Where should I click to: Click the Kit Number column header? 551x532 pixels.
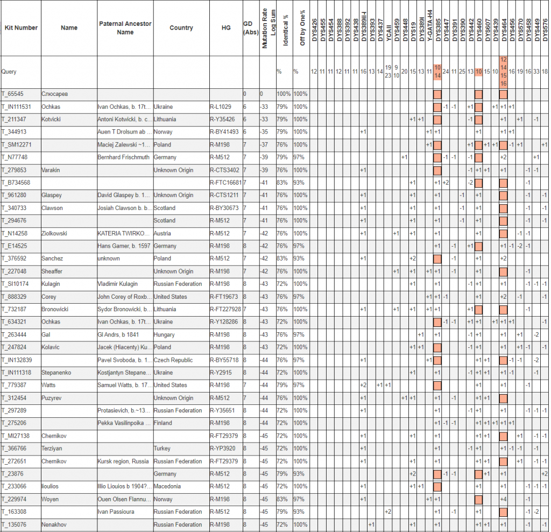click(x=21, y=28)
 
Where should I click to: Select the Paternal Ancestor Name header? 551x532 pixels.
click(x=125, y=28)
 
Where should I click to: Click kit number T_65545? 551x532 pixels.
click(x=13, y=94)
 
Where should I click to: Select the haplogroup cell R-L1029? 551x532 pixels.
click(x=221, y=107)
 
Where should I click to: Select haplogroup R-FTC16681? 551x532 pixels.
click(x=226, y=183)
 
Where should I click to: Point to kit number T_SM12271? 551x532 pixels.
click(x=17, y=145)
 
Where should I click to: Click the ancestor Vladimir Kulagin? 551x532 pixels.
click(x=119, y=284)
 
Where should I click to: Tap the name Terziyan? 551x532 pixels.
click(x=53, y=449)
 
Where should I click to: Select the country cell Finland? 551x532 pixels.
click(x=163, y=423)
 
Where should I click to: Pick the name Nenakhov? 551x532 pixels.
click(x=54, y=525)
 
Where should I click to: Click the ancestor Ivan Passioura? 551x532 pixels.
click(x=117, y=512)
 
